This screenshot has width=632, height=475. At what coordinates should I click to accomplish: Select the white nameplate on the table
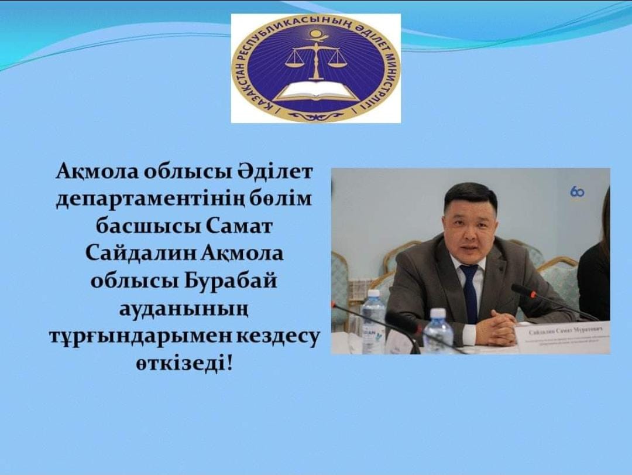(563, 340)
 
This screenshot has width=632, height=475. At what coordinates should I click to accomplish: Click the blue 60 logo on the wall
(577, 191)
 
